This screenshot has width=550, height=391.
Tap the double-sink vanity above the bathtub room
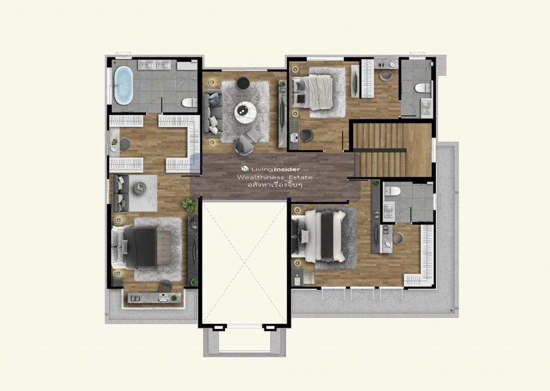[155, 65]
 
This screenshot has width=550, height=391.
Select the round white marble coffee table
[245, 112]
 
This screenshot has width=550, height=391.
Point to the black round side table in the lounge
[243, 84]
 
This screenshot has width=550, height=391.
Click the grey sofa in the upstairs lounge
[212, 113]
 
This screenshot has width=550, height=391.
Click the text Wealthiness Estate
[274, 177]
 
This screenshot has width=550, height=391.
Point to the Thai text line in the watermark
[274, 184]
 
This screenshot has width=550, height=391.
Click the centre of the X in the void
[245, 263]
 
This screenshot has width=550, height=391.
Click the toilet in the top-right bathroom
[422, 87]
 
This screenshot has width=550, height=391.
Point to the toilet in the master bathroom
[190, 102]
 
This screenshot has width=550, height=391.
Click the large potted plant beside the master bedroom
[189, 205]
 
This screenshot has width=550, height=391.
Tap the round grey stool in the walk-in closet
[125, 144]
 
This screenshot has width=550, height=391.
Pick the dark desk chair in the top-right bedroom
[307, 136]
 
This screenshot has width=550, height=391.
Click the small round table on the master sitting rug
[140, 188]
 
